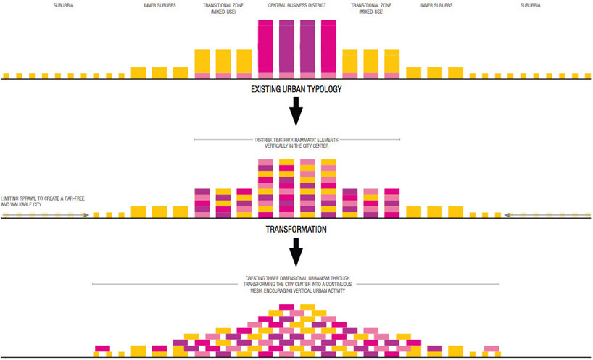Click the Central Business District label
coord(296,5)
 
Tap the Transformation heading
coord(296,229)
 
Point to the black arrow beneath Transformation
coord(296,253)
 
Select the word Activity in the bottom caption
coord(341,291)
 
